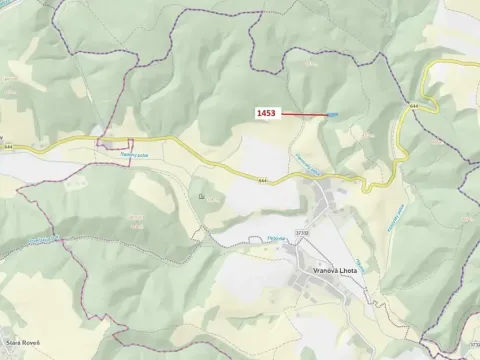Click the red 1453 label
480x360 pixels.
tap(266, 114)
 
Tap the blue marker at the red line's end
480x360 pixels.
tap(333, 115)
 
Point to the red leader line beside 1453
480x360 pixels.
tap(305, 115)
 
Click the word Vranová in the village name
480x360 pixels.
tap(317, 271)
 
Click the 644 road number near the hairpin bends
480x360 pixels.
tap(413, 103)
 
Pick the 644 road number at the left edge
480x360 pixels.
tap(9, 146)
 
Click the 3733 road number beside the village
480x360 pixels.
tap(303, 232)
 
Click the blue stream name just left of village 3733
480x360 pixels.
tap(277, 238)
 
